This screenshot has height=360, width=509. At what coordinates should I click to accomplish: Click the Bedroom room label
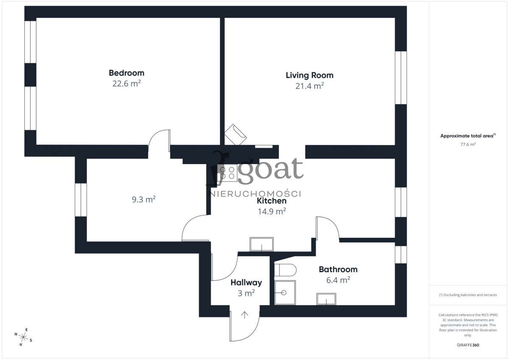pos(126,73)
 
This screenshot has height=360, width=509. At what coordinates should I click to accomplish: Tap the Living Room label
pos(309,75)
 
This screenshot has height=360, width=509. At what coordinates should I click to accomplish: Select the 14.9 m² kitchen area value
pos(272,211)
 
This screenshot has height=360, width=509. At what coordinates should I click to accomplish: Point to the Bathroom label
pos(338,269)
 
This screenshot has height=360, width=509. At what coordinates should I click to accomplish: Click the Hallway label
pos(246,282)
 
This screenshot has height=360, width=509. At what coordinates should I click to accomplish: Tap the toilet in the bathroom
pos(285,270)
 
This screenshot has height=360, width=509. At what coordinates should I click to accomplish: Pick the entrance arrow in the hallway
pos(245,315)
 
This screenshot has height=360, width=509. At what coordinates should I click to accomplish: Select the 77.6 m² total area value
pos(468,144)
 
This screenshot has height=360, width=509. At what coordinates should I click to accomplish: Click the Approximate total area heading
pos(468,136)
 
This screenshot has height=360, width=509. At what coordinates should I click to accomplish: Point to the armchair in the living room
pos(235,134)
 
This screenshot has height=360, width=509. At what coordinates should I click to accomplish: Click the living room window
pos(401,78)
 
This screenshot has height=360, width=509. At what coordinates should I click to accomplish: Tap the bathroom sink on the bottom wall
pos(326,299)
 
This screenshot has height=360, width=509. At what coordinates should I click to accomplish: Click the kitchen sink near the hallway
pos(262,244)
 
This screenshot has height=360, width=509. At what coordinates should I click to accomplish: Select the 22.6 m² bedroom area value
pos(126,84)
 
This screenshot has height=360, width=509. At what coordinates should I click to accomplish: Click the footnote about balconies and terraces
pos(468,295)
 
